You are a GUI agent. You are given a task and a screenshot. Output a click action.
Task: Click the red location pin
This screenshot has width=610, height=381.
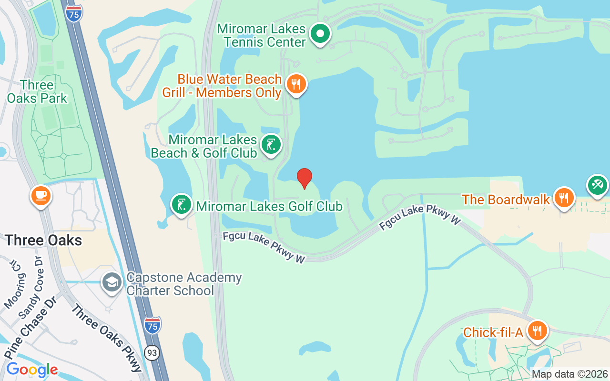[305, 178]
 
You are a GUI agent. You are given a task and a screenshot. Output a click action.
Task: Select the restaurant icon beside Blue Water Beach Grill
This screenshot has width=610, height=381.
[296, 85]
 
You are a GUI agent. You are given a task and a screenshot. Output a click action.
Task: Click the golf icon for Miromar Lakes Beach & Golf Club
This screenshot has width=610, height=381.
[271, 144]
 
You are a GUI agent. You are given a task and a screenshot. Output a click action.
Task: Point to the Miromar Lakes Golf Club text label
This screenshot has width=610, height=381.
[269, 206]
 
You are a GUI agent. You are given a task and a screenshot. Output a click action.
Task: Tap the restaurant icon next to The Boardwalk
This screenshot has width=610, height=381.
[564, 198]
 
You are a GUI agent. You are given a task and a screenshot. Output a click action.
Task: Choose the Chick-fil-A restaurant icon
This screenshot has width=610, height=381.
[537, 331]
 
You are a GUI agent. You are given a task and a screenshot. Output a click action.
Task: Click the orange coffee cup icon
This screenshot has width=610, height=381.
[41, 195]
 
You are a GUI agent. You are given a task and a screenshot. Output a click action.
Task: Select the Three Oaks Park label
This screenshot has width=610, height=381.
[37, 92]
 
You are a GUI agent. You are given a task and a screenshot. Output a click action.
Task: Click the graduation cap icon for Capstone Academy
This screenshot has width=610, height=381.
[112, 282]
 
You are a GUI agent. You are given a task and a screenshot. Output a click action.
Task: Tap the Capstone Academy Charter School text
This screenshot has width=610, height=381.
[184, 284]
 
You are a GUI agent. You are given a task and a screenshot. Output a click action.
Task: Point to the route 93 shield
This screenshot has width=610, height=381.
[152, 353]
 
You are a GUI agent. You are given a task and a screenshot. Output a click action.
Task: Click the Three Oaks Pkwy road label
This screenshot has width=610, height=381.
[107, 338]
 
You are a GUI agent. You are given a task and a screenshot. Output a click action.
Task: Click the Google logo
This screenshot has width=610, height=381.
[32, 370]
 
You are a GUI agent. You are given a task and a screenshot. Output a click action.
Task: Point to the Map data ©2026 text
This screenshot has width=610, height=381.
[569, 374]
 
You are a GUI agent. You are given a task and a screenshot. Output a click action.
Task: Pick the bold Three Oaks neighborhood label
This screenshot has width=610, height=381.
[43, 240]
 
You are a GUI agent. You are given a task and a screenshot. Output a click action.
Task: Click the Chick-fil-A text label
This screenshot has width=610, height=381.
[493, 332]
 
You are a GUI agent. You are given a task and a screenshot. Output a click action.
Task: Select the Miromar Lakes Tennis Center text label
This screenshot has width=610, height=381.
[261, 35]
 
